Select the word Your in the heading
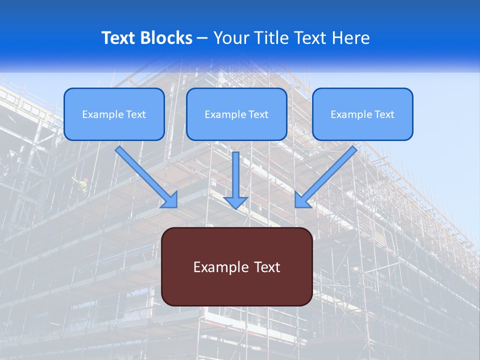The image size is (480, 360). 230,38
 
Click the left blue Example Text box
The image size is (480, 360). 114,114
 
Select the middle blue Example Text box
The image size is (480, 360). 236,114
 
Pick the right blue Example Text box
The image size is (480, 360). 362,114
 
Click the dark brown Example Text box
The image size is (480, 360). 237,266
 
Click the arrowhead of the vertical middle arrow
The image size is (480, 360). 236,202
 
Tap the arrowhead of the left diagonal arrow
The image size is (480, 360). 170,200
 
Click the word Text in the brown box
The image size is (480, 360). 266,267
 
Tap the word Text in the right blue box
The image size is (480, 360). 384,114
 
